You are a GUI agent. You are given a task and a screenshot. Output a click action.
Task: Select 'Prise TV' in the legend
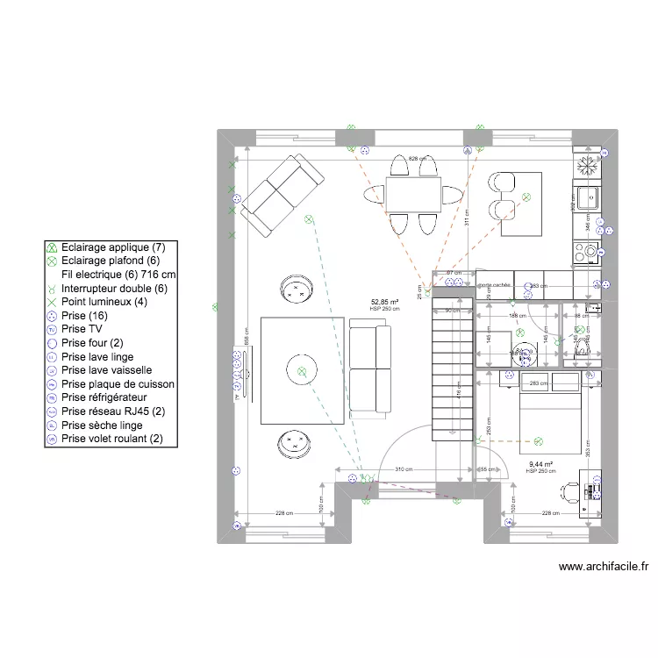pos(83,329)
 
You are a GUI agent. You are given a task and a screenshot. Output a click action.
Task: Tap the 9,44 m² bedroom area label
pos(540,464)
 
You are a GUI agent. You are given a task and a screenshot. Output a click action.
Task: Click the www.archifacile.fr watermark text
pos(603,568)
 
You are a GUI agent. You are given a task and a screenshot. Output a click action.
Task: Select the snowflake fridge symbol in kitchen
pos(586,164)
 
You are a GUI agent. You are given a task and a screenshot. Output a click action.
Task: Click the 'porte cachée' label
pos(494,285)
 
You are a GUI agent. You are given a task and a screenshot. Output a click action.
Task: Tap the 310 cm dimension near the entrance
pos(404,469)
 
